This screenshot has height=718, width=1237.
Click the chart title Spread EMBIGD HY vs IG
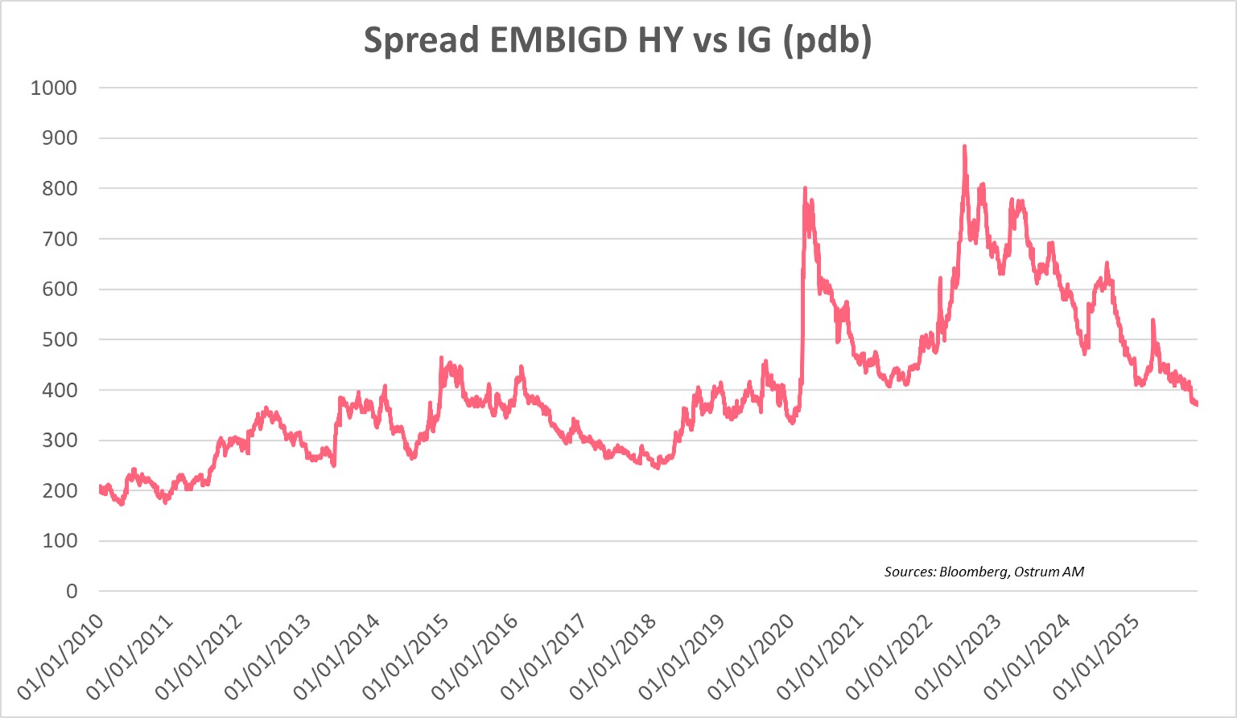click(617, 40)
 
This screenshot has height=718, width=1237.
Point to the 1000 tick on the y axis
click(54, 88)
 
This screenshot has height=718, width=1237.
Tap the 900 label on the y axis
click(60, 138)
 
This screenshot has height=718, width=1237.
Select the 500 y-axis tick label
click(60, 340)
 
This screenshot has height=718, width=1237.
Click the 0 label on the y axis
click(72, 592)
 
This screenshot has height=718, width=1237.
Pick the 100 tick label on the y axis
click(60, 541)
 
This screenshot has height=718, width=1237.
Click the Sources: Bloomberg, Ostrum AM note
click(983, 572)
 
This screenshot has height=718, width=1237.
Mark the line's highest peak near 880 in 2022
click(964, 147)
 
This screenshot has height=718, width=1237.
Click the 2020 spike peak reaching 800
click(805, 189)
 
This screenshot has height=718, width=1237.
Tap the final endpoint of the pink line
click(1197, 404)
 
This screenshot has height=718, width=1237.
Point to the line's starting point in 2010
click(100, 487)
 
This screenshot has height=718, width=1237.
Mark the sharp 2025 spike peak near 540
click(1152, 320)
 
